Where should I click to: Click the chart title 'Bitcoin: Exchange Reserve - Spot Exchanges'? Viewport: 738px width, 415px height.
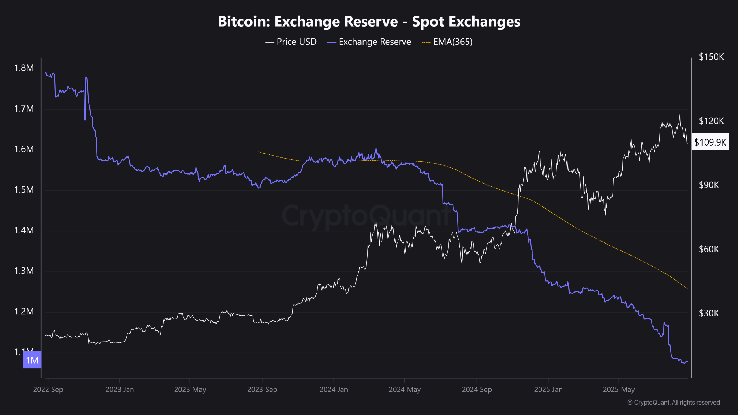click(369, 22)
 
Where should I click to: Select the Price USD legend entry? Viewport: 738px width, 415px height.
click(291, 42)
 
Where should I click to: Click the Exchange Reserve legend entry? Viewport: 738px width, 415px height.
click(370, 42)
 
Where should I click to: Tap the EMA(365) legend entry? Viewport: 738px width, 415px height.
click(447, 42)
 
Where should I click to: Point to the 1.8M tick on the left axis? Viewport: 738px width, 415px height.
click(24, 68)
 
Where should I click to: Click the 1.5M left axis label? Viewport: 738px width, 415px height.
click(24, 190)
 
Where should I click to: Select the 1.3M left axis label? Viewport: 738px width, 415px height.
click(24, 271)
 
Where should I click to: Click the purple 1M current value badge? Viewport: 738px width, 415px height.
click(32, 360)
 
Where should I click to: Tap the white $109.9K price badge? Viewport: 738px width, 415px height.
click(710, 142)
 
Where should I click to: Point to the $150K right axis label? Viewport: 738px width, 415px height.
click(711, 57)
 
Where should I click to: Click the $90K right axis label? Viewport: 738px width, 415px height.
click(709, 185)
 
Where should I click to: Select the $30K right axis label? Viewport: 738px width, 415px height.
click(709, 313)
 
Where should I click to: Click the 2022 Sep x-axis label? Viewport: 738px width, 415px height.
click(48, 389)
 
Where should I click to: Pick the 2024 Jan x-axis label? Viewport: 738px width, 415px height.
click(334, 389)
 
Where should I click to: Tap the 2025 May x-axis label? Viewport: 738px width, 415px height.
click(619, 389)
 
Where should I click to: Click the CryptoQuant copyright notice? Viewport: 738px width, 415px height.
click(673, 402)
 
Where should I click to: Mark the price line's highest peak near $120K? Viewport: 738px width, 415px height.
click(679, 115)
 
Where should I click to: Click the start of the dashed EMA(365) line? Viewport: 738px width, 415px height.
click(259, 152)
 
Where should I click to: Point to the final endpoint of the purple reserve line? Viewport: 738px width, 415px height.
click(688, 361)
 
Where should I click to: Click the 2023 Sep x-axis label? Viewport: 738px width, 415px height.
click(262, 389)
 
